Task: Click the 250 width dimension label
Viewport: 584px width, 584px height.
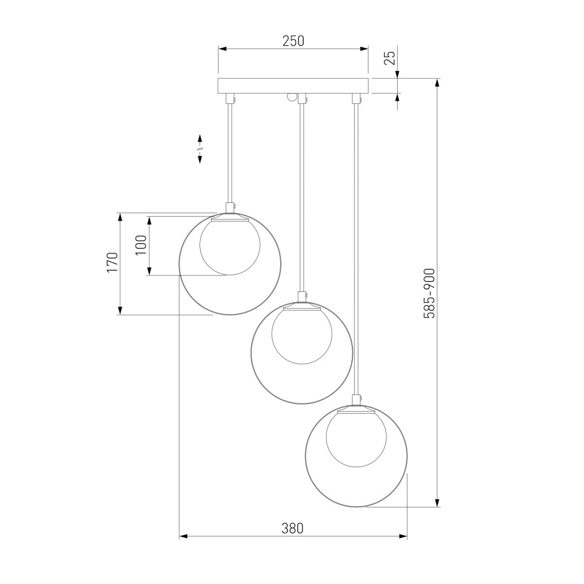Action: [x=293, y=41]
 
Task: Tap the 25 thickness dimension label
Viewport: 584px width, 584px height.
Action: [x=390, y=58]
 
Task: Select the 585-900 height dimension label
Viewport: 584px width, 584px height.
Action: [x=429, y=293]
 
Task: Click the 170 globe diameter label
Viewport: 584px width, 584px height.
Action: [x=112, y=262]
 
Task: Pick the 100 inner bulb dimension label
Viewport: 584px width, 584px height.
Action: [x=141, y=245]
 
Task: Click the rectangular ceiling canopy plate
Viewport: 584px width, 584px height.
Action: [x=293, y=86]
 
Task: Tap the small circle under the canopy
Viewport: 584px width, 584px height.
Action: [x=292, y=97]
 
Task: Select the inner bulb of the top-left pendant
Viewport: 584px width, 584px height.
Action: [x=230, y=246]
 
